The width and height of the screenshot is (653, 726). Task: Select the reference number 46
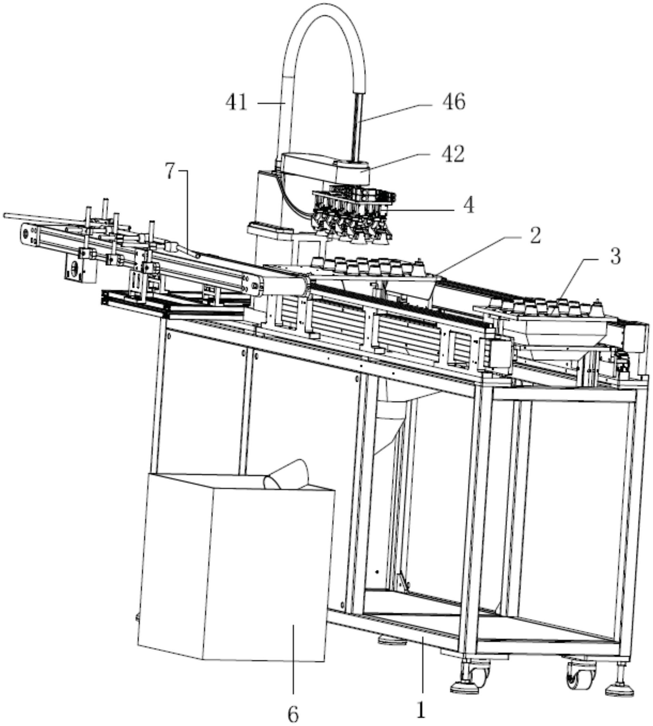(454, 102)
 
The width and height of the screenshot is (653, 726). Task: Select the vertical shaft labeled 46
(357, 126)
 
